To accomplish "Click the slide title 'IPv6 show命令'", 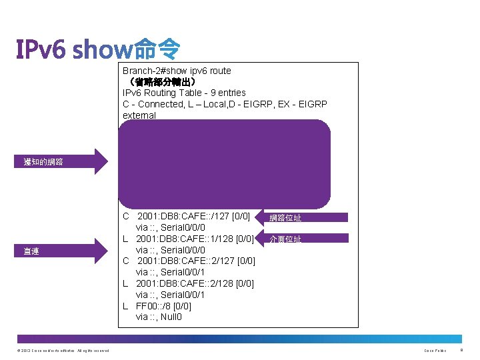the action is point(98,49).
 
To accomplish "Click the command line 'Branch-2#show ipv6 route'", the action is point(177,71).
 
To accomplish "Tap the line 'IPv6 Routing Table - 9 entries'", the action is point(184,93).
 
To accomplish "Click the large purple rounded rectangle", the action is point(225,164).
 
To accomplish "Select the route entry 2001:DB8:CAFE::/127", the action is point(193,216).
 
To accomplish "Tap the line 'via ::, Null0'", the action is point(159,317).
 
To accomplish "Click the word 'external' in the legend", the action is point(139,115).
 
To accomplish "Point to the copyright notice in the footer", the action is point(64,351).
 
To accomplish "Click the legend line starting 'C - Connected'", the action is point(225,104).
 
